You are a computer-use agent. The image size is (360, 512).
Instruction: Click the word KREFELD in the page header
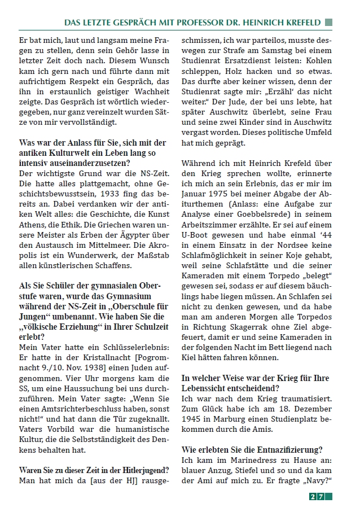[x=300, y=22]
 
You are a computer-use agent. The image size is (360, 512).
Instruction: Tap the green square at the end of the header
[x=328, y=22]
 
